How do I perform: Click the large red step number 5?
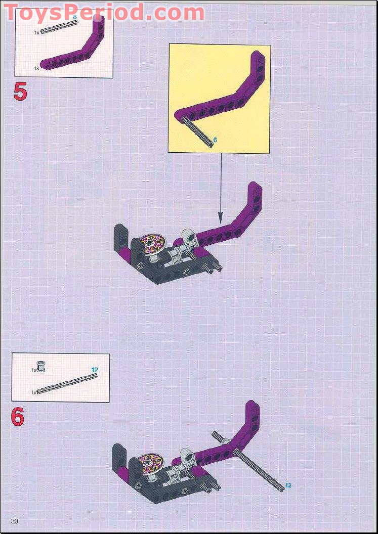click(20, 92)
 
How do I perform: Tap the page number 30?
click(15, 521)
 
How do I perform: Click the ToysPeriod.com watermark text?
click(104, 13)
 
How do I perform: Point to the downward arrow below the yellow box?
click(221, 189)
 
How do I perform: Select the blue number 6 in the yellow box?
click(215, 140)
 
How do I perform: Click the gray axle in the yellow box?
click(197, 131)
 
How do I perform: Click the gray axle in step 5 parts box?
click(59, 27)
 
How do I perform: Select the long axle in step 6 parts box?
click(67, 384)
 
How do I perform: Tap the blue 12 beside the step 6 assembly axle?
click(288, 485)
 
